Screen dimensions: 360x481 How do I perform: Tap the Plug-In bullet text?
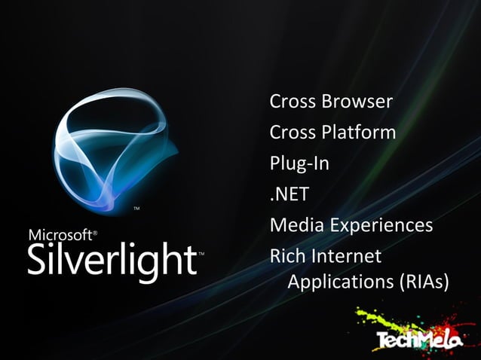tap(299, 163)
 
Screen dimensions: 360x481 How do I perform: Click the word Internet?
tap(347, 257)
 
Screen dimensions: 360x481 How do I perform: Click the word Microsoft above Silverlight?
tap(60, 235)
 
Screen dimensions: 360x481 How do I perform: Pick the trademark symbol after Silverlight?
tap(200, 255)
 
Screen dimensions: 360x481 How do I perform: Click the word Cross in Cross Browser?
tap(293, 101)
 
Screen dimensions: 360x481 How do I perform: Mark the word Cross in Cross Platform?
tap(293, 133)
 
